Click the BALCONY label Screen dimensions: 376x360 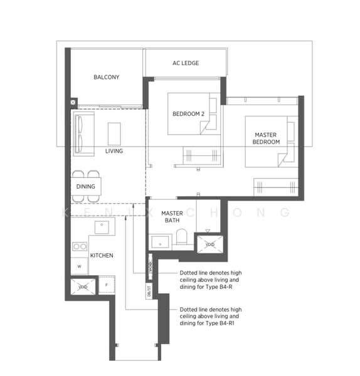point(106,77)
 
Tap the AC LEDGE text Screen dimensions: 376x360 point(186,63)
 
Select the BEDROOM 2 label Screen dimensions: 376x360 point(189,113)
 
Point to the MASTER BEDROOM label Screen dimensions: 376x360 point(267,138)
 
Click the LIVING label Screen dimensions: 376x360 point(114,151)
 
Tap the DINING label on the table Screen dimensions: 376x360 point(86,186)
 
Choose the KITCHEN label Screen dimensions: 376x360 point(102,255)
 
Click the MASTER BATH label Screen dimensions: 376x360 point(171,217)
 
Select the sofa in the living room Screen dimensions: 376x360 point(82,133)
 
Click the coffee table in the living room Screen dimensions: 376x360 point(114,133)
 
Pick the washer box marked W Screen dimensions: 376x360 point(80,266)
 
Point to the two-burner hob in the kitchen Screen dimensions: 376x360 point(80,246)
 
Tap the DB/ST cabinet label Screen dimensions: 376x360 point(150,292)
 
